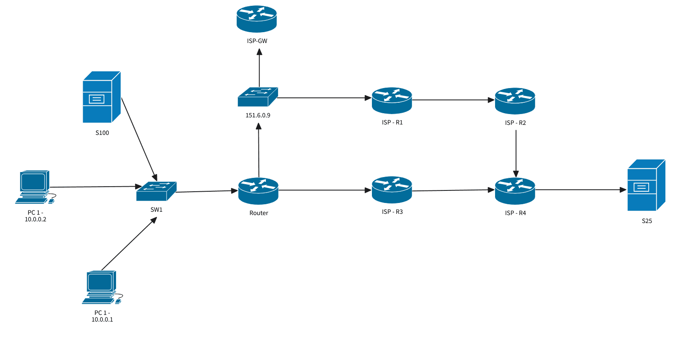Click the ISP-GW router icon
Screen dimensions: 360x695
(x=256, y=19)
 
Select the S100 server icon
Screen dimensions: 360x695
(x=101, y=97)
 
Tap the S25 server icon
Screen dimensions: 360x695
(x=646, y=185)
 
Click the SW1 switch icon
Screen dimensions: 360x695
(x=156, y=191)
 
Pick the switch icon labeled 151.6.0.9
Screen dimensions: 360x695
(x=258, y=97)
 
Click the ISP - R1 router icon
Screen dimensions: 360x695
(x=392, y=101)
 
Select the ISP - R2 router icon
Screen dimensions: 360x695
(x=515, y=101)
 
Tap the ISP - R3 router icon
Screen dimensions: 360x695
(x=392, y=190)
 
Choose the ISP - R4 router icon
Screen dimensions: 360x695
(x=515, y=191)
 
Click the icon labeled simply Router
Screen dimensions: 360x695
(x=258, y=191)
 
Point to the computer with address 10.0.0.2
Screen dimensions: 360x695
(x=35, y=187)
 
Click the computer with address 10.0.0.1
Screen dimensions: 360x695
(x=101, y=287)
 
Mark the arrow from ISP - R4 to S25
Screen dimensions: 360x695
(x=580, y=190)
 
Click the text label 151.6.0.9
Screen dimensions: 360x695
(x=258, y=115)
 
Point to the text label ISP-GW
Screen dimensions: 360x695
(x=257, y=41)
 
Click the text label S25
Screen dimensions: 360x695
(x=647, y=221)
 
